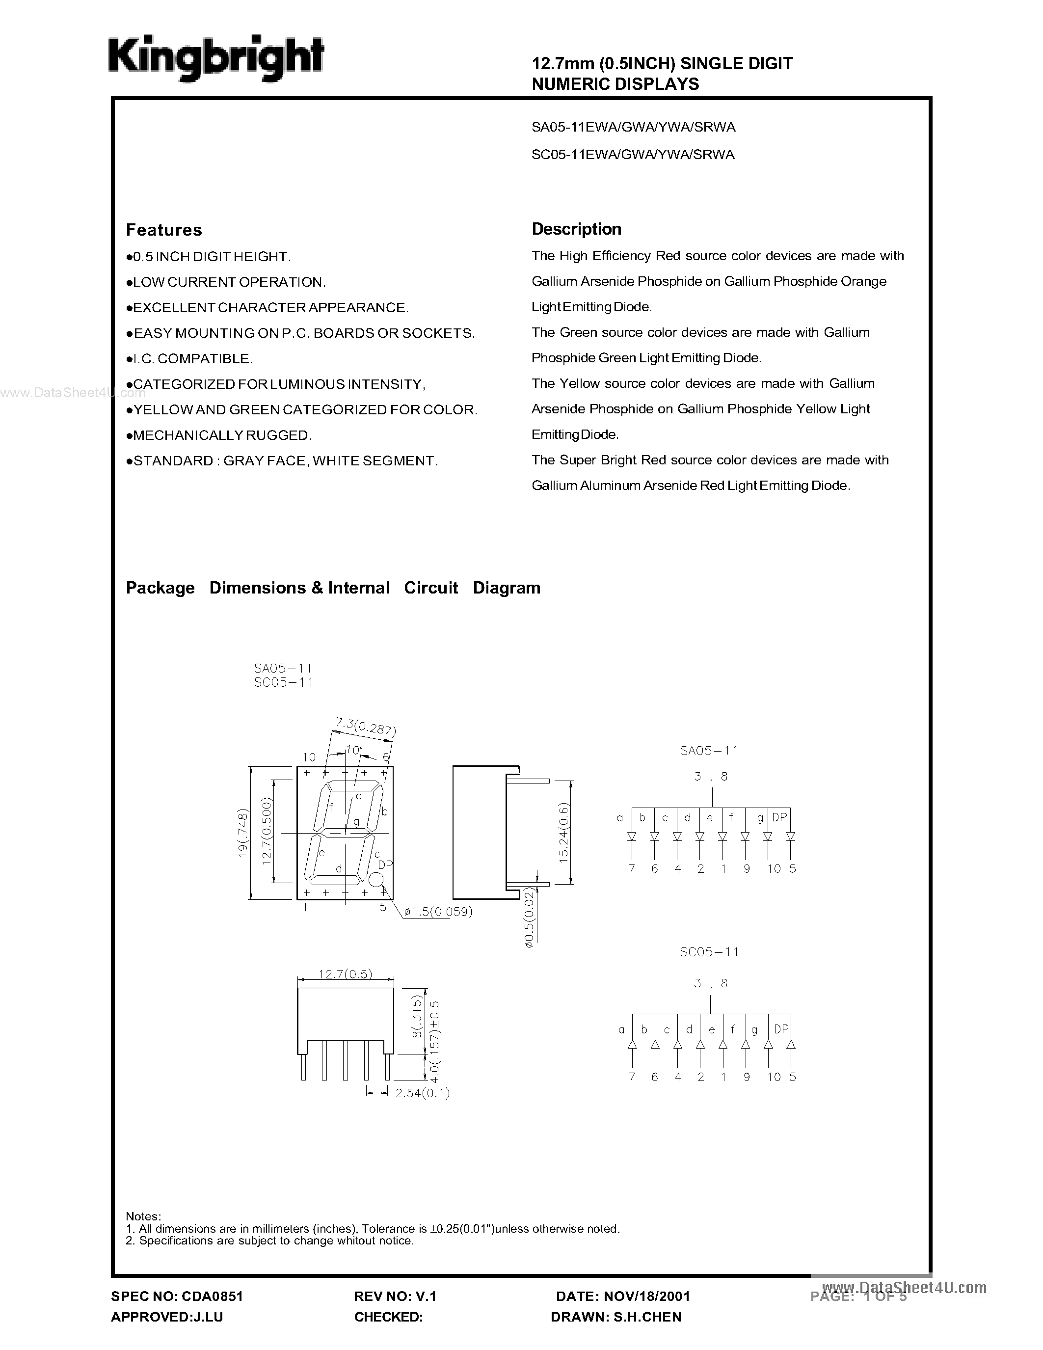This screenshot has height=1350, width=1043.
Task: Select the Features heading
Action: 164,230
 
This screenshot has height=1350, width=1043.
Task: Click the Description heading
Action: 577,229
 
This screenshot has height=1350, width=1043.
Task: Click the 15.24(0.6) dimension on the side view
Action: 563,833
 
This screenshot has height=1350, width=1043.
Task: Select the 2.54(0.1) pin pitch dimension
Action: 423,1093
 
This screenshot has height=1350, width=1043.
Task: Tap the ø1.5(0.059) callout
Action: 439,911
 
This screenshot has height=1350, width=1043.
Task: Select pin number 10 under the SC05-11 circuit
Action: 774,1077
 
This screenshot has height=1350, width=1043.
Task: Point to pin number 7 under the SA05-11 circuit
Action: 632,868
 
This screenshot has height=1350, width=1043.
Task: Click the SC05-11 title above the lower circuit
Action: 709,952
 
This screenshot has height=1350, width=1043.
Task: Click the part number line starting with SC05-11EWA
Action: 633,155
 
